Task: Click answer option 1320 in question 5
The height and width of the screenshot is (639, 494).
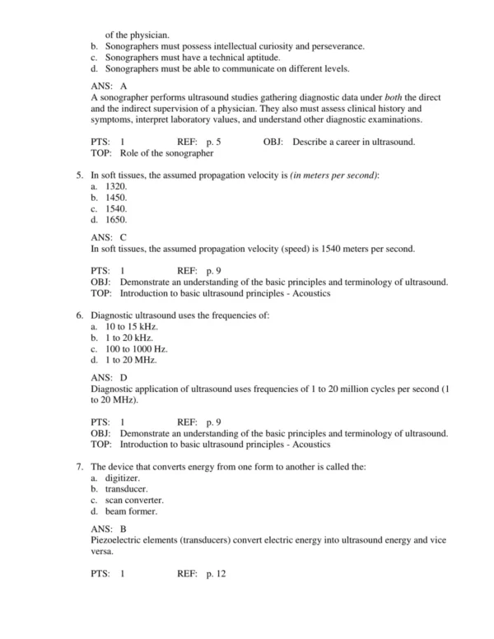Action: (x=116, y=187)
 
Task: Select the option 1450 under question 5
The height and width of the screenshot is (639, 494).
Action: (x=116, y=198)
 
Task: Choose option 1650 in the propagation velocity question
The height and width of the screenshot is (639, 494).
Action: (x=116, y=220)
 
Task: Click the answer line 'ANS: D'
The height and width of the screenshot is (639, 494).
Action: (x=109, y=377)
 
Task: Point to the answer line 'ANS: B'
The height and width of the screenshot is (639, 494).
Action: (x=109, y=528)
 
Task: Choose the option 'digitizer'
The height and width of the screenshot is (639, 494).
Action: (x=123, y=478)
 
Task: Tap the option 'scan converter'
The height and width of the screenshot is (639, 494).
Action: (x=134, y=500)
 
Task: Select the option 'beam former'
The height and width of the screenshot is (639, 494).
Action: (x=131, y=511)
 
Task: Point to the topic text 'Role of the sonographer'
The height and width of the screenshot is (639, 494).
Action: (x=167, y=153)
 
